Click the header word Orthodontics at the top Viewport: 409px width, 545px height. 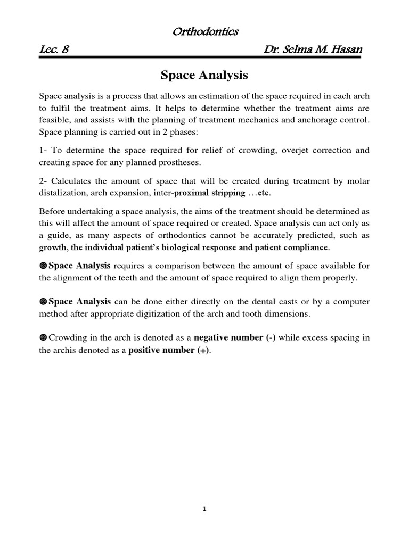coord(205,32)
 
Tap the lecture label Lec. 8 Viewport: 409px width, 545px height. coord(55,50)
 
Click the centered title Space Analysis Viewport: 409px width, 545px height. coord(204,76)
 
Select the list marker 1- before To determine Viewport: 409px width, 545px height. coord(44,150)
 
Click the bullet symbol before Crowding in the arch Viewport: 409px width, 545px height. coord(43,338)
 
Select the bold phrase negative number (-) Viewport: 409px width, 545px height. coord(234,337)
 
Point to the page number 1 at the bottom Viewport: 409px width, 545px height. coord(204,509)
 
